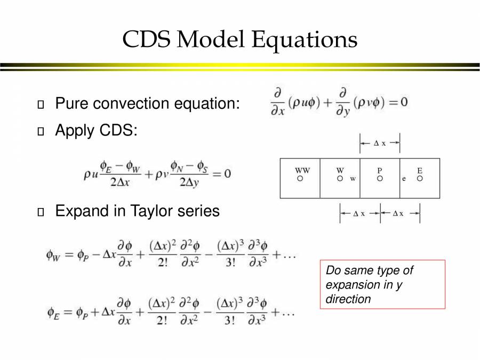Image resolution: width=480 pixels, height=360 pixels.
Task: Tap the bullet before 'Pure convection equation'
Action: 41,104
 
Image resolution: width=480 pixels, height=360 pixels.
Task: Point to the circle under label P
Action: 380,179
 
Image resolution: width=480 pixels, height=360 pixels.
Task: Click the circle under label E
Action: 420,179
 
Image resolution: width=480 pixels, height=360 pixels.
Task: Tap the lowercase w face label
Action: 353,179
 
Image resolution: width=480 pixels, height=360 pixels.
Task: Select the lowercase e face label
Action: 404,179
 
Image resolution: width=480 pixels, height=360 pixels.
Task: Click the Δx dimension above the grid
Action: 380,143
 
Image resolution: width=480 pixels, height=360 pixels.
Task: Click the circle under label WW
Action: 300,179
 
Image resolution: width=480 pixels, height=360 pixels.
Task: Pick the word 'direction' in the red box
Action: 348,299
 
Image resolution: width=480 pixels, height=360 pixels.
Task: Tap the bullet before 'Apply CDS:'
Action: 41,131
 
